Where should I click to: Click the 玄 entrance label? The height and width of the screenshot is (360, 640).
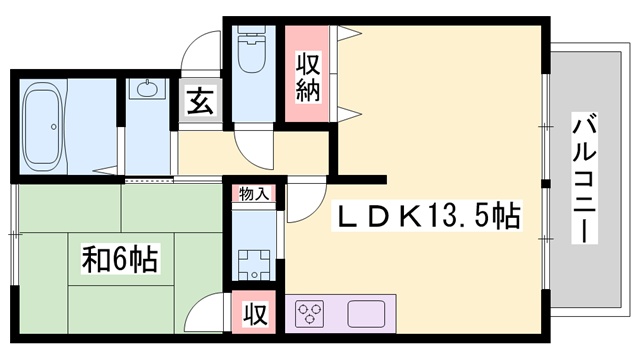click(x=199, y=102)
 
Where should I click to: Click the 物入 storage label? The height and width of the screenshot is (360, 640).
click(x=253, y=194)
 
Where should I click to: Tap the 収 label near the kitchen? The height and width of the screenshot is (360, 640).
click(x=256, y=313)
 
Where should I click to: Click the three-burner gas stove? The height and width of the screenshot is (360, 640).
click(x=312, y=314)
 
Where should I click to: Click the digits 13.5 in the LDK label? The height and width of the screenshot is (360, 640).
click(x=455, y=215)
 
